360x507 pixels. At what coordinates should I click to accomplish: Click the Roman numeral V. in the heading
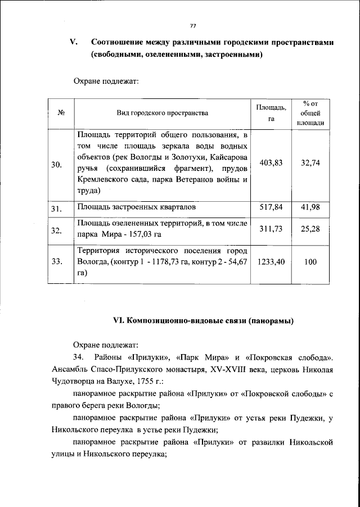pyautogui.click(x=73, y=42)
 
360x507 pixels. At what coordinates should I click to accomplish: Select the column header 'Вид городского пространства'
pyautogui.click(x=162, y=112)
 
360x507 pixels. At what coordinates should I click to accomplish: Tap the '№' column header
pyautogui.click(x=60, y=112)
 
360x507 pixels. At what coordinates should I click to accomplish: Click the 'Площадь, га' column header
pyautogui.click(x=271, y=112)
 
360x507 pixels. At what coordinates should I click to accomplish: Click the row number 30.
pyautogui.click(x=56, y=165)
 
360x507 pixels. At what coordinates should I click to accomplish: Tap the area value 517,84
pyautogui.click(x=271, y=207)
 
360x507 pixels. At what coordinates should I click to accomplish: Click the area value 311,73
pyautogui.click(x=271, y=228)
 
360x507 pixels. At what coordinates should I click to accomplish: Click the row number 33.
pyautogui.click(x=56, y=261)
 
